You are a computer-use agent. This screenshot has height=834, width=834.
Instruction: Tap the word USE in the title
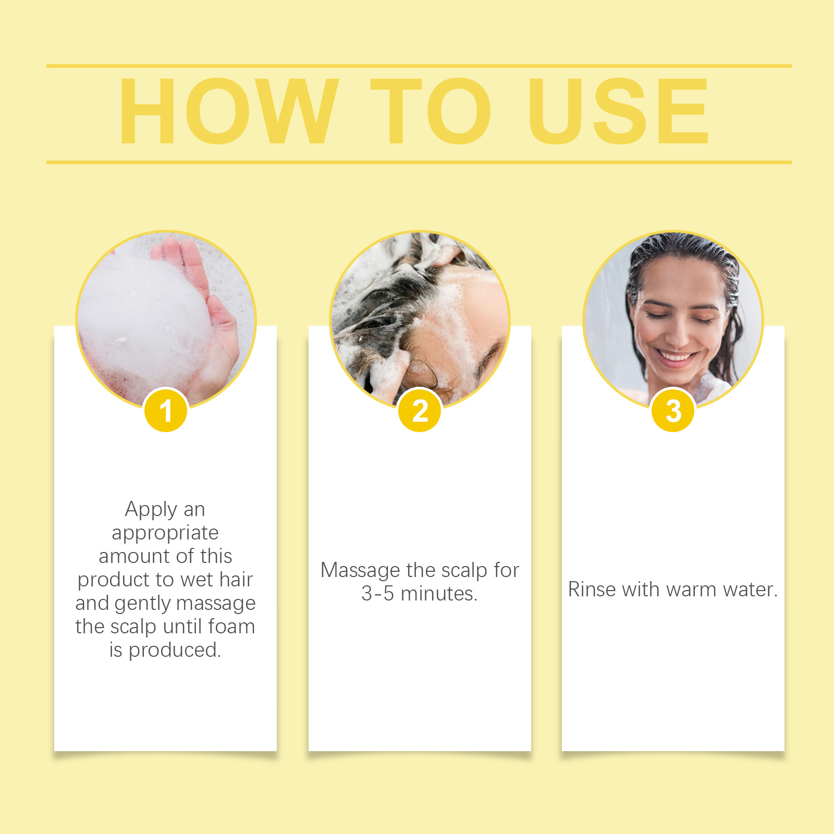point(619,111)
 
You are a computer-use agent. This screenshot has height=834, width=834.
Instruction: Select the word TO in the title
point(431,111)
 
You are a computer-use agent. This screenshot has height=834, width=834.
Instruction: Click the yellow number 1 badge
point(166,410)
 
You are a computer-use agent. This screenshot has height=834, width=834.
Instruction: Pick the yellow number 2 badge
point(420,410)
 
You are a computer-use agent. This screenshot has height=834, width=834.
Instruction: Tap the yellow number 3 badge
point(673,410)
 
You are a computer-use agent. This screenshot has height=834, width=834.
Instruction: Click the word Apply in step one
point(151,510)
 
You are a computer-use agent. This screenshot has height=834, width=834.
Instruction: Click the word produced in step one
point(175,651)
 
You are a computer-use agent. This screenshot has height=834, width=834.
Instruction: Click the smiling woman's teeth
point(676,357)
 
